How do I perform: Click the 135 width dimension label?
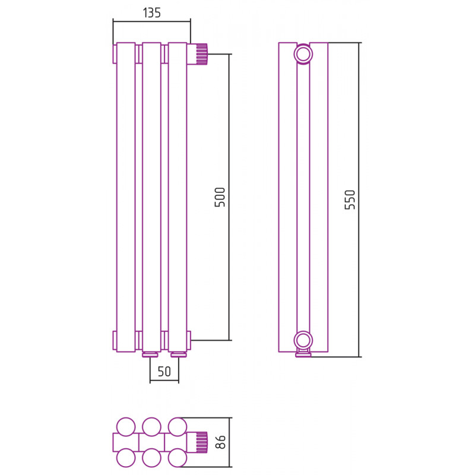click(151, 13)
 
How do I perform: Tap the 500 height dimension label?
click(220, 197)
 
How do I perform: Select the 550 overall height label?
click(350, 199)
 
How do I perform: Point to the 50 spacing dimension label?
click(164, 372)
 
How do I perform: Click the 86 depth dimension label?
click(221, 442)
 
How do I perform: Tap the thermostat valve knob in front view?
click(198, 54)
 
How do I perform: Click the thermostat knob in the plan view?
click(198, 442)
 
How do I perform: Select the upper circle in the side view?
click(303, 55)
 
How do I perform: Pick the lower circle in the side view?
click(303, 340)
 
